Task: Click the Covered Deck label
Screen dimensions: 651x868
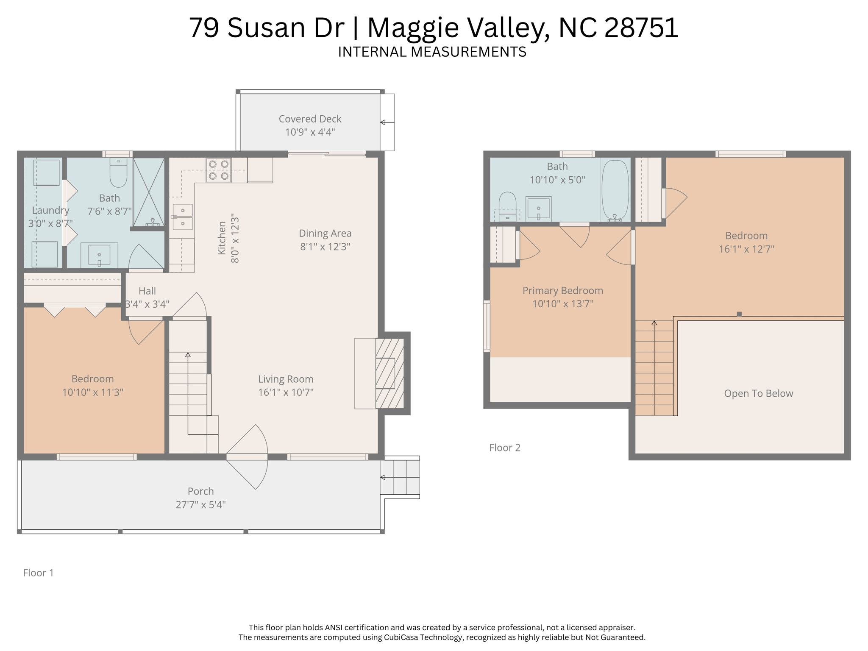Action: coord(310,119)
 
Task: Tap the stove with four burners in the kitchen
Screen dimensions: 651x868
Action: coord(219,170)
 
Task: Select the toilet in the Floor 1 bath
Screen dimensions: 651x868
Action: coord(118,173)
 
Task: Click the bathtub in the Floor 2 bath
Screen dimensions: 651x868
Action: coord(615,189)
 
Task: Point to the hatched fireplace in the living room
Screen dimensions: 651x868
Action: coord(389,373)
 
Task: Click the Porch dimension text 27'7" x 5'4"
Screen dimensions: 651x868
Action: coord(200,505)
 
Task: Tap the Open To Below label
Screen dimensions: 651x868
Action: coord(758,393)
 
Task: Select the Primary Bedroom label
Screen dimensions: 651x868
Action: coord(562,291)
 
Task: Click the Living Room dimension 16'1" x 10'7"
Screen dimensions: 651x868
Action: coord(286,392)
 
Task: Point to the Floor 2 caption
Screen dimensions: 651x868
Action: coord(504,448)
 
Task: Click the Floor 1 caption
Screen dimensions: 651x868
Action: coord(38,573)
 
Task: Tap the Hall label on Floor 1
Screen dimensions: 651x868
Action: coord(147,291)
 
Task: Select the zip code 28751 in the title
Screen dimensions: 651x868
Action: coord(641,28)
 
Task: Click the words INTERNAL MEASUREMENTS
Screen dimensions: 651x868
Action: coord(432,52)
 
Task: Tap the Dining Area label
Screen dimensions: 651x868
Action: coord(325,234)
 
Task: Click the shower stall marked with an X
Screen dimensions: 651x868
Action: coord(148,192)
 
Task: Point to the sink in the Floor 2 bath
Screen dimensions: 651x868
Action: coord(538,209)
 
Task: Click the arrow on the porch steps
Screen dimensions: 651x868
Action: coord(383,477)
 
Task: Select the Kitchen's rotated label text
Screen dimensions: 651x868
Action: coord(222,238)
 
